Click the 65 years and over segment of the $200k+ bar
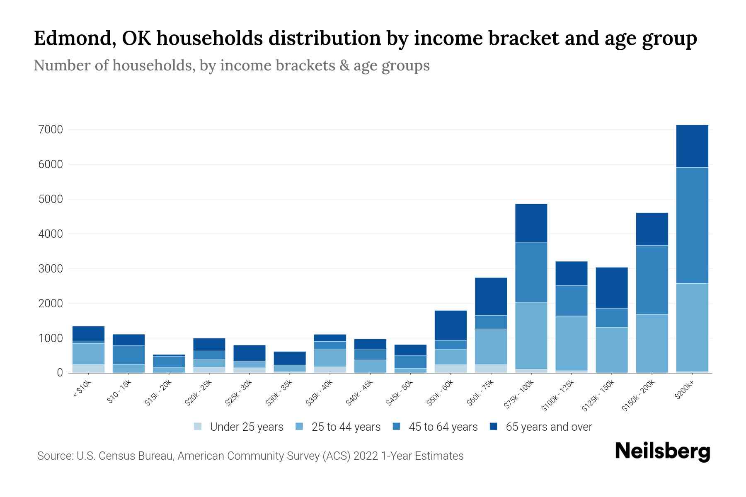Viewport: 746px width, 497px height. point(692,146)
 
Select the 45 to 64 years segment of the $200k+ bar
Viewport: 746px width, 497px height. point(692,225)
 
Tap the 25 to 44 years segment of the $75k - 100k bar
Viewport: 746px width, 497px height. point(531,335)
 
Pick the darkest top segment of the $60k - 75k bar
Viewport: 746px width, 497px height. point(491,297)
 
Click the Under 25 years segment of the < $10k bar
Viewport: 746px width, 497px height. point(88,368)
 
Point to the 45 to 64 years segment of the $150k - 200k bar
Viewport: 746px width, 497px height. point(652,280)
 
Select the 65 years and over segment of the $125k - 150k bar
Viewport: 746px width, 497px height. point(611,288)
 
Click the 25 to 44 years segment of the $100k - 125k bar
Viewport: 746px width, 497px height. point(571,343)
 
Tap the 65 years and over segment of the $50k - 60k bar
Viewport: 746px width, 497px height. point(451,326)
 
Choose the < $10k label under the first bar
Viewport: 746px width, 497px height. point(82,389)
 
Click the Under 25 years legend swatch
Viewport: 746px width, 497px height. point(198,426)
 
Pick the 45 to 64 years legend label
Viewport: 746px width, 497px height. point(443,427)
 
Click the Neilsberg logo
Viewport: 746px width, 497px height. point(662,452)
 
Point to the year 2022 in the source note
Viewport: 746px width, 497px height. point(366,456)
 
